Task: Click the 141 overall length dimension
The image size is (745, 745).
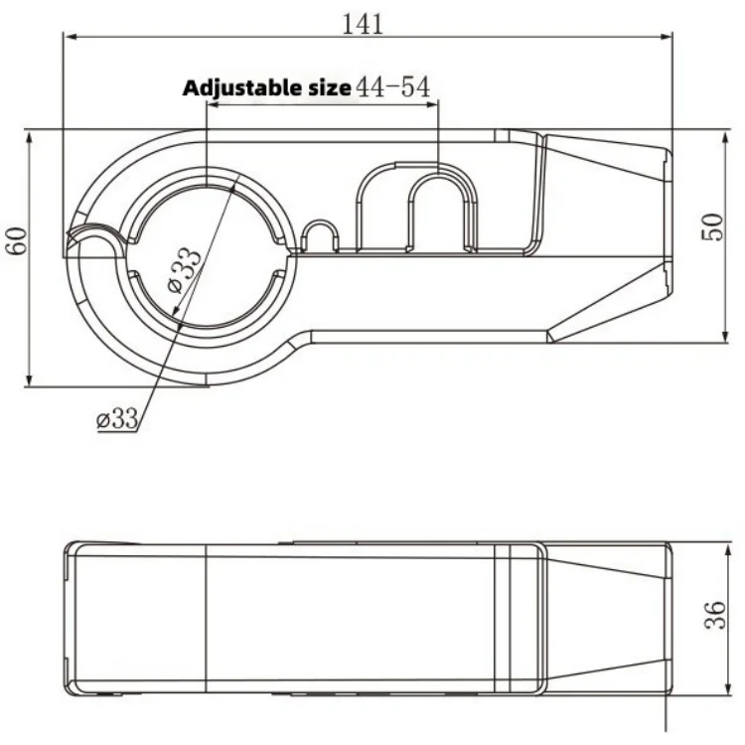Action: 363,24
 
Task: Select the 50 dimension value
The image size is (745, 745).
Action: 712,227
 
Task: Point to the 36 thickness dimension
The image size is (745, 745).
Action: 715,615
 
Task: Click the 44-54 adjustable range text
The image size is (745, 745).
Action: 393,87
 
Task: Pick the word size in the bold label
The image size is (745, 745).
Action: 329,88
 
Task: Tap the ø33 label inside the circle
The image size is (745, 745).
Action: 186,270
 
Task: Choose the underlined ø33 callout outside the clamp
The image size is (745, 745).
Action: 117,418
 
